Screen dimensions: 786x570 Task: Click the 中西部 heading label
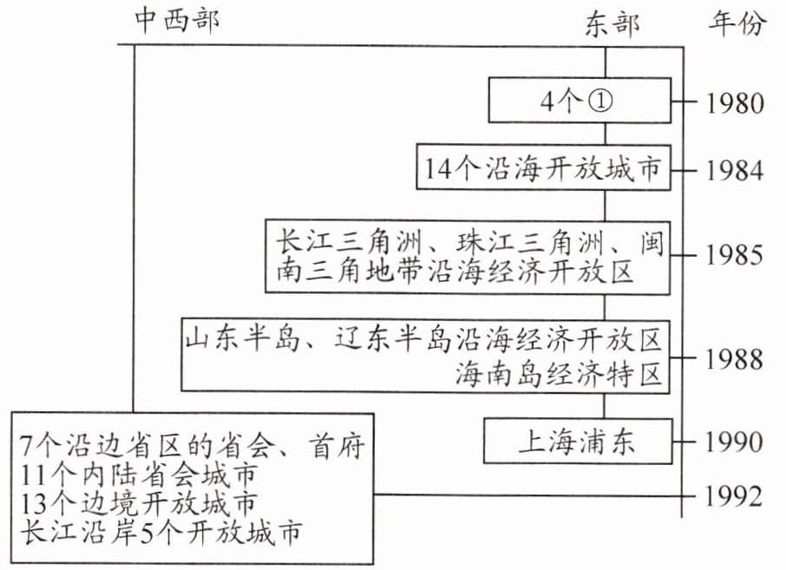coord(177,22)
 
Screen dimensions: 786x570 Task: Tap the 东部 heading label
coord(612,24)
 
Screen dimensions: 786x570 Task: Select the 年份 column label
coord(737,23)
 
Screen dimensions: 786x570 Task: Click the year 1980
coord(735,103)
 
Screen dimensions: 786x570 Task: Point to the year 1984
coord(735,170)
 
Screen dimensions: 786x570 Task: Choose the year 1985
coord(735,255)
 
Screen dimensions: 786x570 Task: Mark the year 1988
coord(735,359)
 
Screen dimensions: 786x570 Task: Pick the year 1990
coord(735,442)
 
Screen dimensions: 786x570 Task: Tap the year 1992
coord(735,496)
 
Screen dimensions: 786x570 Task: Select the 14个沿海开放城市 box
coord(543,167)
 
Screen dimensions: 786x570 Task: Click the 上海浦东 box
coord(578,441)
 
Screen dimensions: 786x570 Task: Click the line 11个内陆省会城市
coord(139,475)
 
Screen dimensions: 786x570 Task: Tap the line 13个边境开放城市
coord(139,503)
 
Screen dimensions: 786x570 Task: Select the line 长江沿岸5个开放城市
coord(160,533)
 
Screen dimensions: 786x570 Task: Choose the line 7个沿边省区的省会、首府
coord(193,445)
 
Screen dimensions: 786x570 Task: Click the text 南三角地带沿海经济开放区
coord(454,272)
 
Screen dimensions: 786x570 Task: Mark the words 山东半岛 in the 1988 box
coord(243,338)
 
